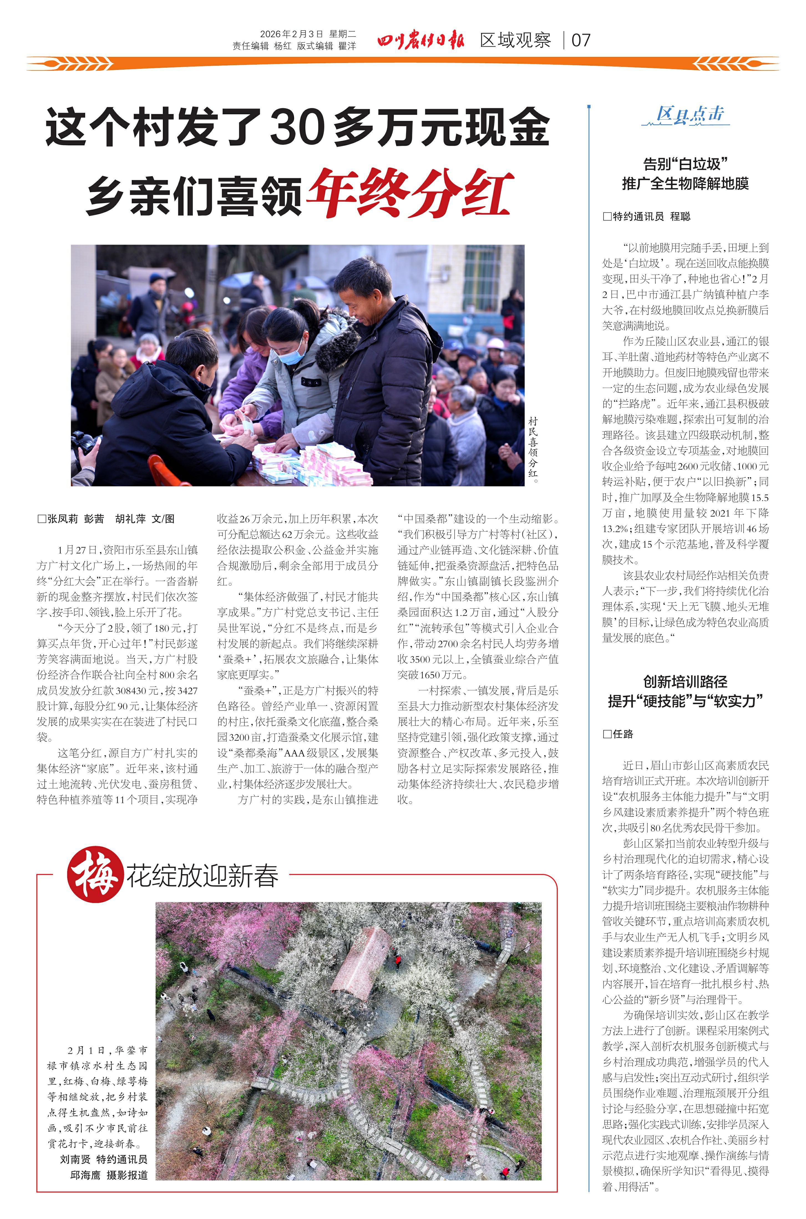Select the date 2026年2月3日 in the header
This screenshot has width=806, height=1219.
point(292,34)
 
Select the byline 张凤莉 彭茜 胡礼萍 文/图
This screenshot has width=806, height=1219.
point(106,519)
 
